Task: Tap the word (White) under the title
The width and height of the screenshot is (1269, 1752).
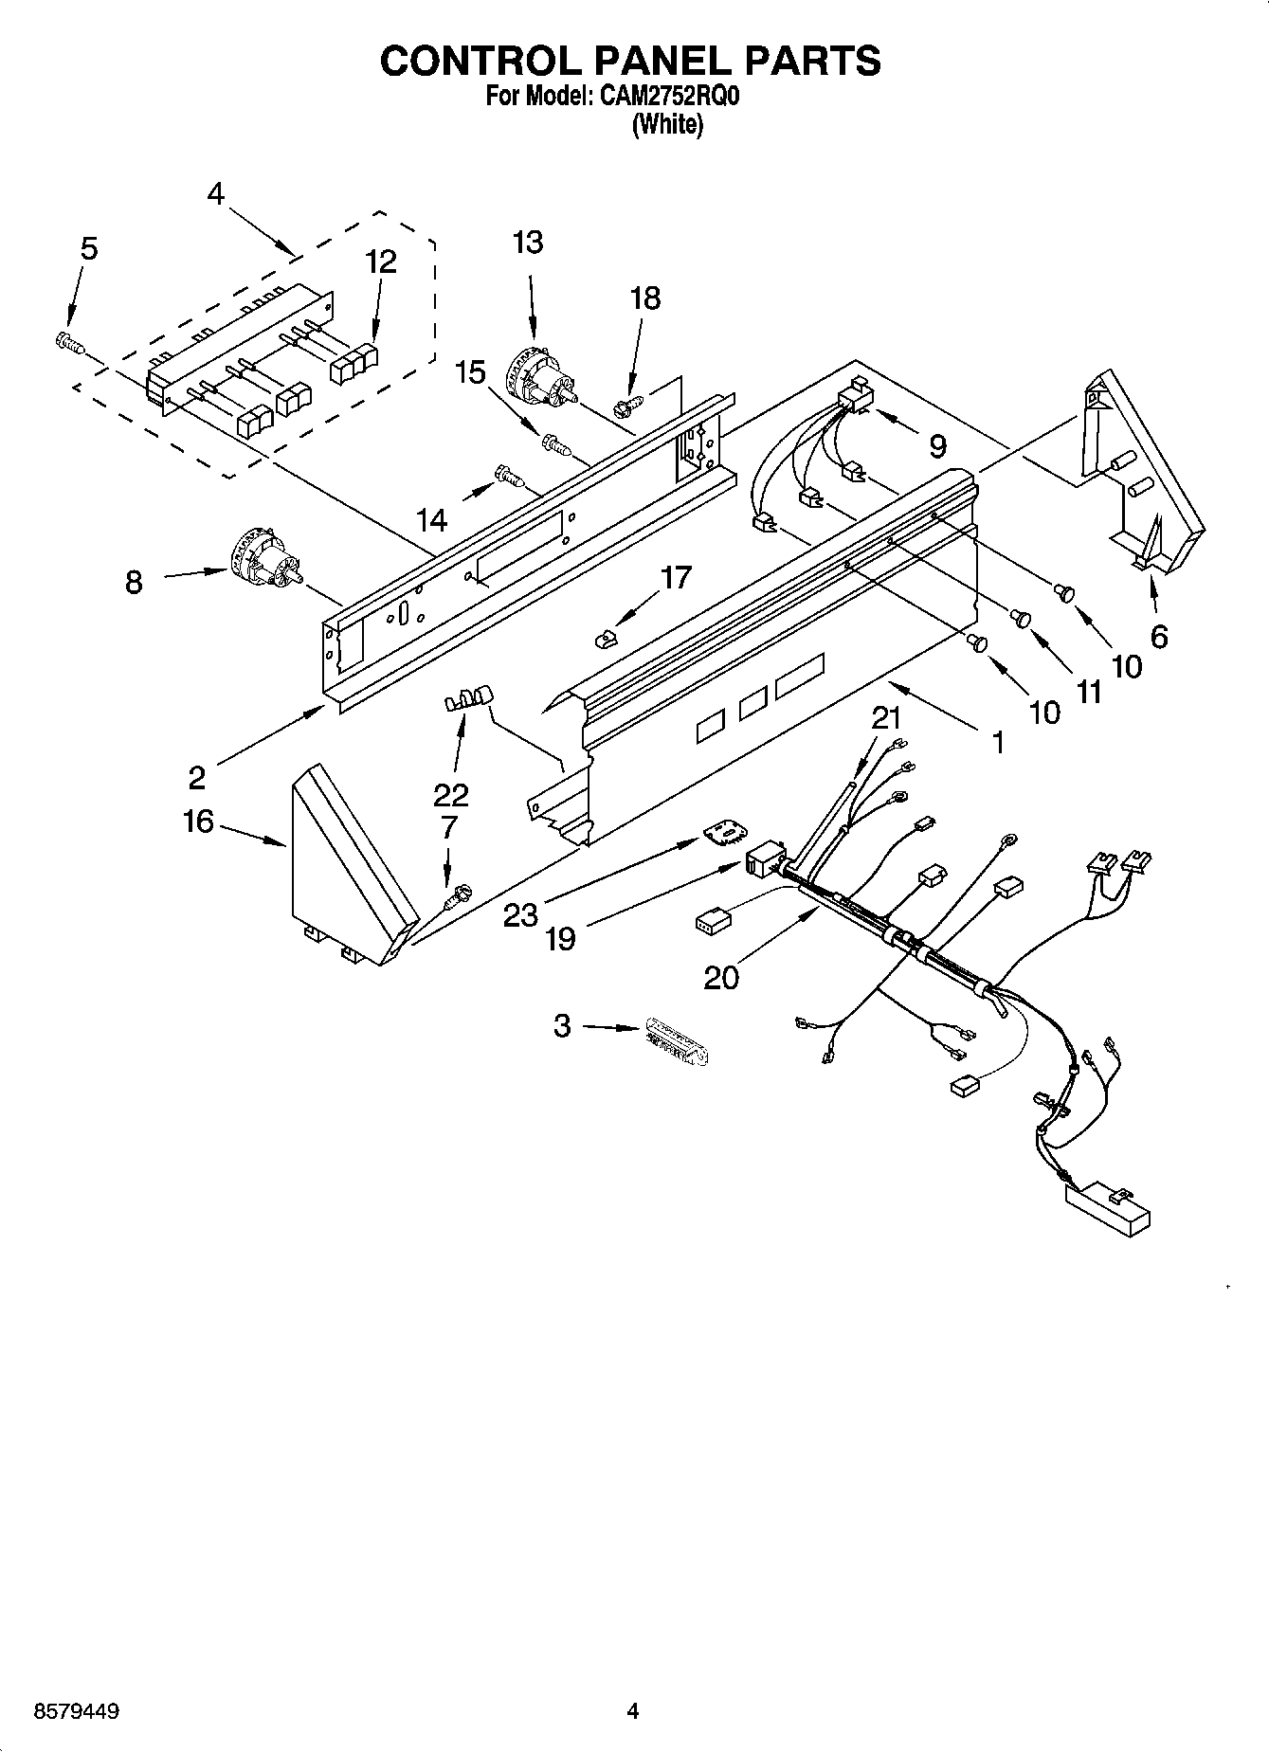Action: [x=668, y=124]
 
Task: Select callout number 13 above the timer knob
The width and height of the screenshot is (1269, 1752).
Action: [x=527, y=243]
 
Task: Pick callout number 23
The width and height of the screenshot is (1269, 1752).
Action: [x=520, y=914]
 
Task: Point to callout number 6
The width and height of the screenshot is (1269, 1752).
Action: [x=1158, y=636]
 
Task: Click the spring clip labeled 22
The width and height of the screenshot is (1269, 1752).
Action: [x=468, y=700]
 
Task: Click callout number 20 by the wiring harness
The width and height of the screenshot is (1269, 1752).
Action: [x=720, y=976]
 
